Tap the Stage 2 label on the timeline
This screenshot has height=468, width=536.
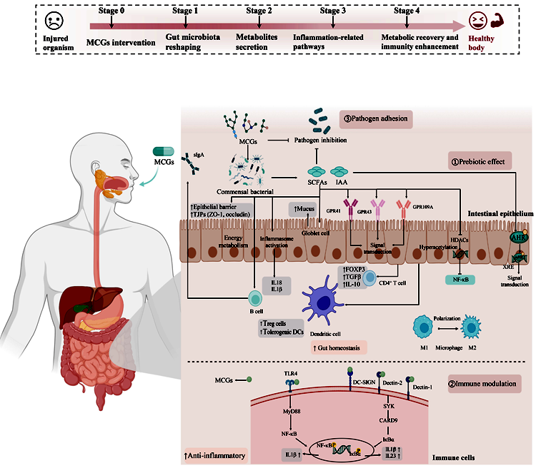[258, 11]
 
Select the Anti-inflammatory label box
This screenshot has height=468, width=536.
[215, 455]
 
